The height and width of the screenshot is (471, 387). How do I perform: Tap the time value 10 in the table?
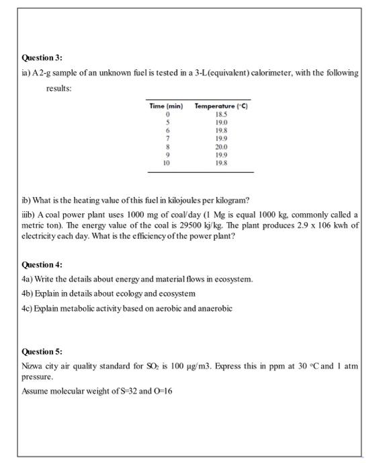[166, 162]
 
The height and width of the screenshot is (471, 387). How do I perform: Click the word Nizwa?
[33, 364]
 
